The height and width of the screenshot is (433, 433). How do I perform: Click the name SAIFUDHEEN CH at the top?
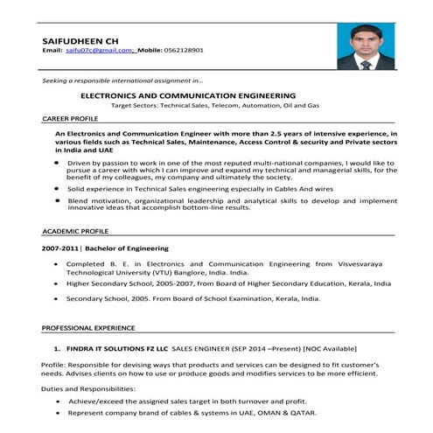[80, 40]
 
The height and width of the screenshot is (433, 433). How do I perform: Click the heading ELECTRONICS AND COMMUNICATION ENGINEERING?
[187, 94]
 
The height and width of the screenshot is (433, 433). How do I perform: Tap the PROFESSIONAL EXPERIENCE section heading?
[87, 327]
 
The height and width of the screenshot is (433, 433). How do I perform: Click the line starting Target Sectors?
[214, 105]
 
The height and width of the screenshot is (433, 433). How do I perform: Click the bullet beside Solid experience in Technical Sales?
[58, 188]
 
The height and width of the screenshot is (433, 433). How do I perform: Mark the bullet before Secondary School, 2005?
[58, 299]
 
